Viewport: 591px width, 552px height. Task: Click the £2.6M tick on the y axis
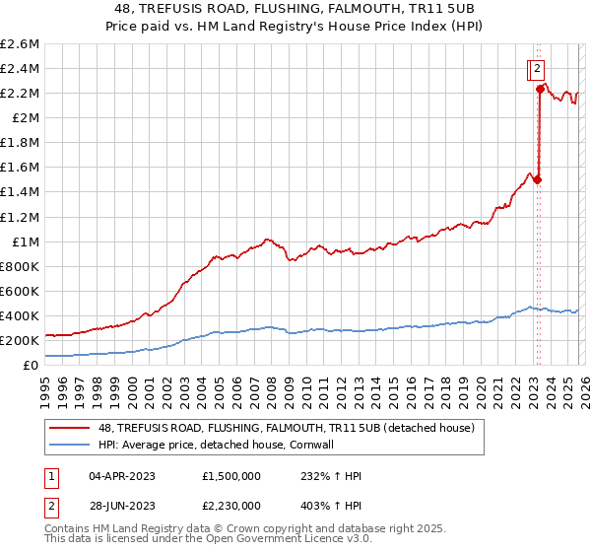[x=20, y=44]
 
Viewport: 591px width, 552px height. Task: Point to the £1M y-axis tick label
[x=24, y=241]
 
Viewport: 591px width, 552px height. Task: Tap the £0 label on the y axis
[x=32, y=365]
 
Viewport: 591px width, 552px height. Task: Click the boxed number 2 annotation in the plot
[x=537, y=69]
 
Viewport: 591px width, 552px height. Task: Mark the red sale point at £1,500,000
[x=537, y=179]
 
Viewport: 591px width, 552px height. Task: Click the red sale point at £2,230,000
[x=540, y=89]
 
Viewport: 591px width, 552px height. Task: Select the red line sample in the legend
[x=70, y=428]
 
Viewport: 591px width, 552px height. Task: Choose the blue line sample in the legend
[x=70, y=445]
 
